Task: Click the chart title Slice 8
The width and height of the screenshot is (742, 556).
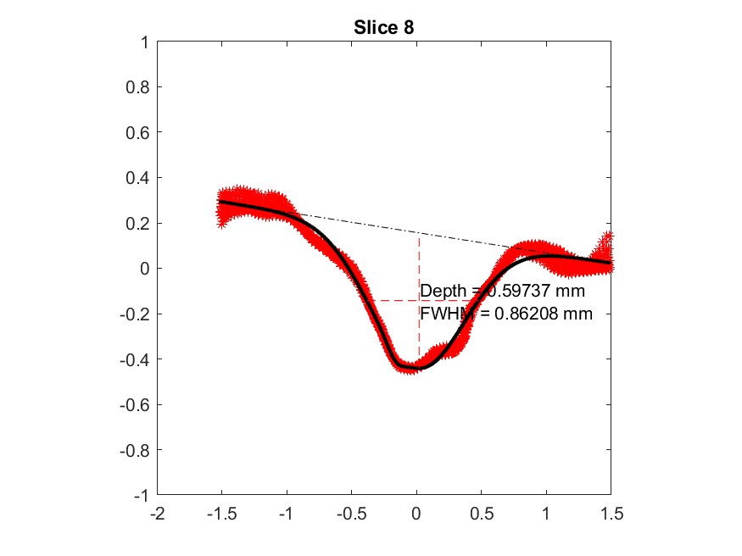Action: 383,27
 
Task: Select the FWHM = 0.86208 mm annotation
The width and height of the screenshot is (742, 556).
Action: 505,314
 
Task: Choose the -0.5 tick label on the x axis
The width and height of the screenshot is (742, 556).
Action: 351,514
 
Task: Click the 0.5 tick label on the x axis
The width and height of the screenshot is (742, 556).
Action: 481,514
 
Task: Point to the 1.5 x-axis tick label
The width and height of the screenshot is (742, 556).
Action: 611,514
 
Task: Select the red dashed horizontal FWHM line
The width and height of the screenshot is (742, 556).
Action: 399,300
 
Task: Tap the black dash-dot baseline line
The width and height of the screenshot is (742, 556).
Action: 407,229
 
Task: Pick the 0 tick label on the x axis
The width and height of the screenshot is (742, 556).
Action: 416,514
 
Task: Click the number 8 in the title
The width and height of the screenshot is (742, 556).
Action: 408,27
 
